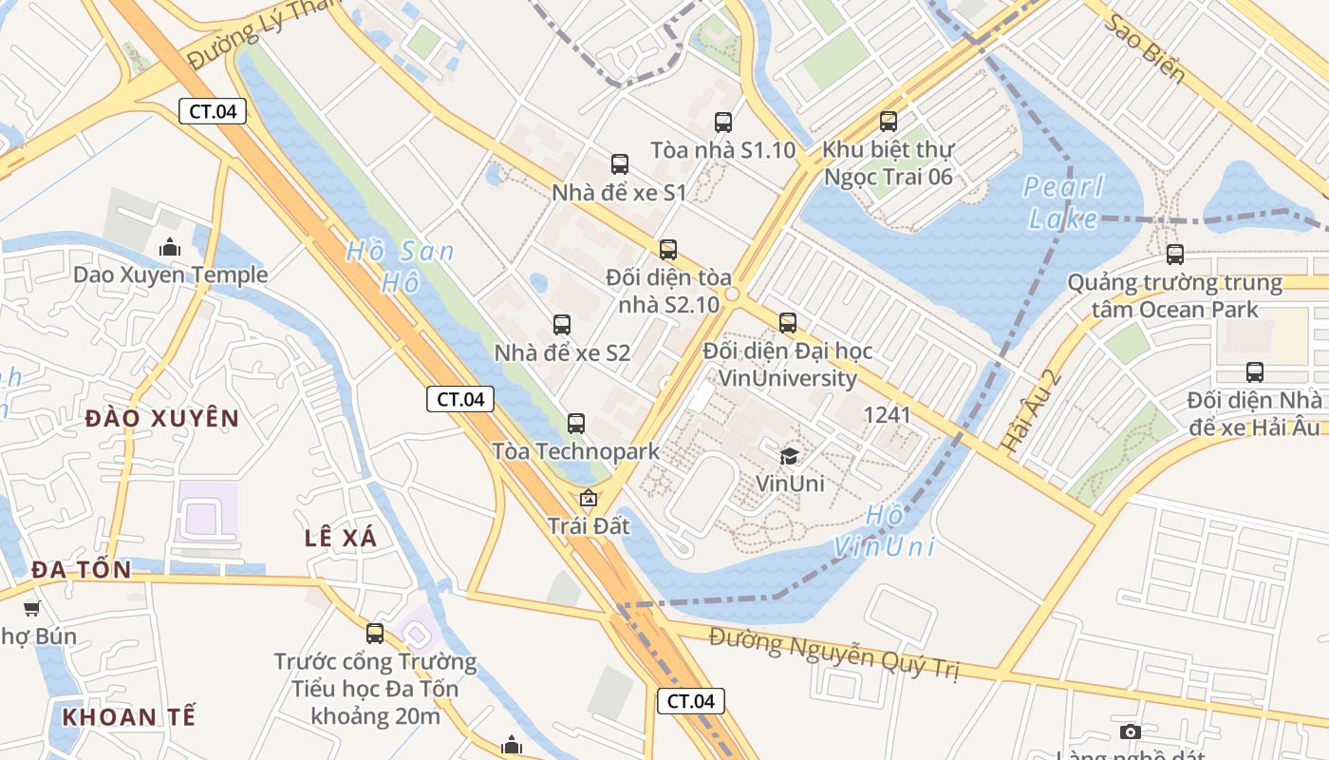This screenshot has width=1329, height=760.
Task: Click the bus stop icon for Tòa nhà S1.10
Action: [x=723, y=123]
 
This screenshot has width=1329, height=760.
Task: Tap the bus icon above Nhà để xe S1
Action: [x=620, y=164]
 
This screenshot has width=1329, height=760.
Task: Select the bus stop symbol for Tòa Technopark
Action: [x=576, y=424]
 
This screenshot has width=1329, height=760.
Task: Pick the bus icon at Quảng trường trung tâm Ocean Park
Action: [x=1175, y=255]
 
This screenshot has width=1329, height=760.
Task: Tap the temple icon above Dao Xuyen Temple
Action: [x=171, y=248]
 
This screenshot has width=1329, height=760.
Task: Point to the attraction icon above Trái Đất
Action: [x=589, y=498]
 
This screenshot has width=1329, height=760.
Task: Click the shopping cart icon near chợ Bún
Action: [x=32, y=609]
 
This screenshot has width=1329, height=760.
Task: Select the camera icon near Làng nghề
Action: [x=1130, y=731]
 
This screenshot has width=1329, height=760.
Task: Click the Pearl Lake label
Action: [x=1063, y=202]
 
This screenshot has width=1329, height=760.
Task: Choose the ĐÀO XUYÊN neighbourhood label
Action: [x=162, y=418]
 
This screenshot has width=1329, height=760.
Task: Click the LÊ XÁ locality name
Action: [x=341, y=538]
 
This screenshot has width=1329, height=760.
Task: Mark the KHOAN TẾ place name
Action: [x=129, y=716]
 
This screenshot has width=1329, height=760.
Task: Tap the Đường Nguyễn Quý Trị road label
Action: [x=834, y=654]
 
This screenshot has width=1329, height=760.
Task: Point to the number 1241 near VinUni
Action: [x=887, y=415]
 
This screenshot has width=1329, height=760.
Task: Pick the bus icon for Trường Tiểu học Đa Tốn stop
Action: [x=375, y=634]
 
